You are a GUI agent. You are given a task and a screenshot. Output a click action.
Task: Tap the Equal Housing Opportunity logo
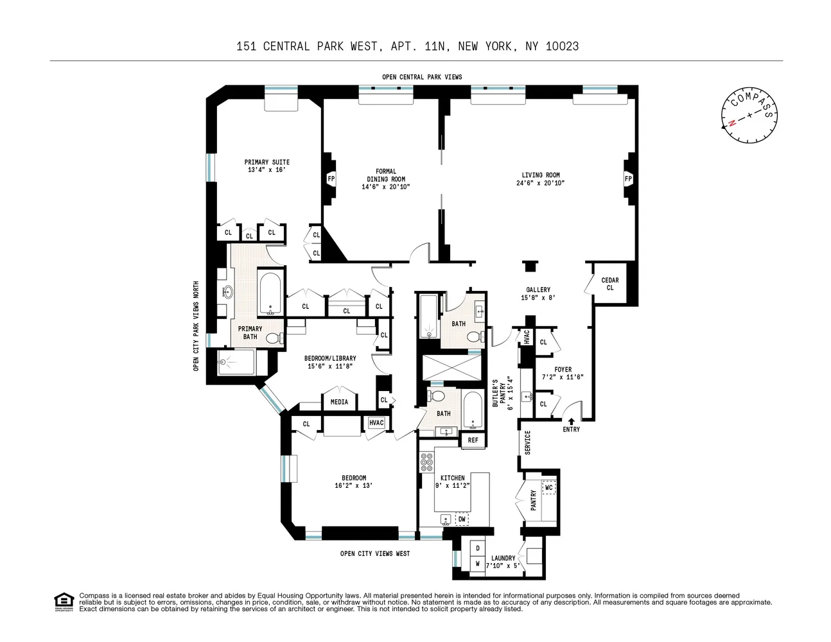pos(63,601)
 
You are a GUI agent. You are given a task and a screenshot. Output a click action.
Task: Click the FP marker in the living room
pos(627,178)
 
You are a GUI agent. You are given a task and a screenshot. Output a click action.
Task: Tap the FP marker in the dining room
pos(331,178)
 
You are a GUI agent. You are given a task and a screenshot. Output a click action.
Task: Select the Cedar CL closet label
pos(609,284)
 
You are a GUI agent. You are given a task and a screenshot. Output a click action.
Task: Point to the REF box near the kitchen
pos(473,440)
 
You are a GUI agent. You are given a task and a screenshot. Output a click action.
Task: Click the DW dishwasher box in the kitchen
pos(461,519)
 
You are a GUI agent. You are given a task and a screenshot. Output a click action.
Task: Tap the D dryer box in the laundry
pos(478,549)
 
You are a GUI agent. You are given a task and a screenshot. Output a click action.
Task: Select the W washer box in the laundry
pos(478,564)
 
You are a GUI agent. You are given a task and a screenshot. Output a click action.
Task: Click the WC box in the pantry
pos(548,488)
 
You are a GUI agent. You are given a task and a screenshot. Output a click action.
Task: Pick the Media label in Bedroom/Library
pos(339,402)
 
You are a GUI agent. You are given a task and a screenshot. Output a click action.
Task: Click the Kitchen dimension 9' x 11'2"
pos(453,486)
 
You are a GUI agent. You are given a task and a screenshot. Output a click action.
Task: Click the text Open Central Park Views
pos(422,77)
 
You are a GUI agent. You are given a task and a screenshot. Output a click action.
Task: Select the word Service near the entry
pos(528,442)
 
